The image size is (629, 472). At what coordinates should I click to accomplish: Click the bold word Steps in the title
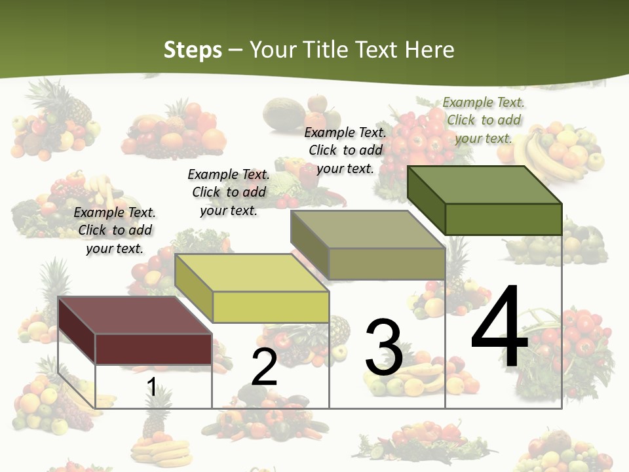[192, 50]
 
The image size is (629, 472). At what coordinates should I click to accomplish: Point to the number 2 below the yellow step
[264, 367]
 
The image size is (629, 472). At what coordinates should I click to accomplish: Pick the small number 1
[151, 387]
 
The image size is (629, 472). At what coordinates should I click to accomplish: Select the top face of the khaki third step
[368, 229]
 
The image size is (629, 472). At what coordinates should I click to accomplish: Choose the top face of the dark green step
[485, 184]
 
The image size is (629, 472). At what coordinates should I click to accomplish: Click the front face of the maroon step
[153, 348]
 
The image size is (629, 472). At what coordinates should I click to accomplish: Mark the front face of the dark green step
[503, 219]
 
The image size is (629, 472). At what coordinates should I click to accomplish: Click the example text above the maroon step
[115, 230]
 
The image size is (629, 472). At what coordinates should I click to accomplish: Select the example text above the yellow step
[229, 192]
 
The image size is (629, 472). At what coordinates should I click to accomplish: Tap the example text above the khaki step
[345, 150]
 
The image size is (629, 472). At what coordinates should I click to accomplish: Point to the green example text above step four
[484, 120]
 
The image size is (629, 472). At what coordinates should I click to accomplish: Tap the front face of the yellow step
[271, 307]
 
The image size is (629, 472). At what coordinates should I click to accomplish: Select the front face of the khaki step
[387, 264]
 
